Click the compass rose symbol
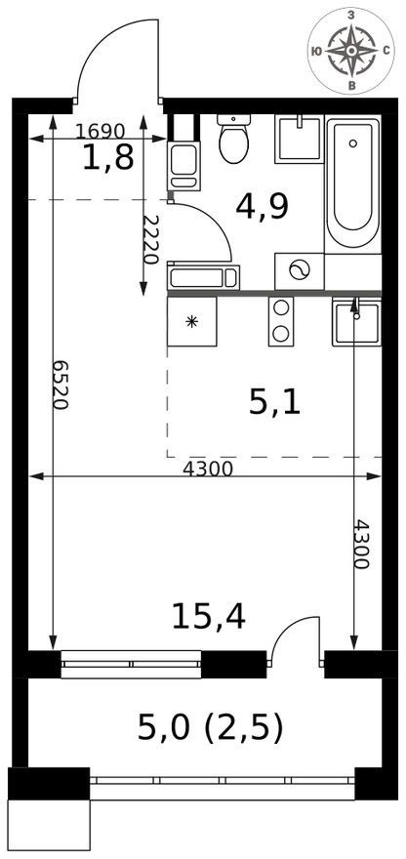[x=351, y=51]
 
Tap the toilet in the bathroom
[x=234, y=139]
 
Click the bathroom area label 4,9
[x=262, y=207]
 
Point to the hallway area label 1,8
[x=108, y=158]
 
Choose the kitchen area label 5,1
[x=274, y=404]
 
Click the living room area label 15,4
[x=208, y=616]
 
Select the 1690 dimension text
[x=101, y=131]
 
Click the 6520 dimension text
[x=61, y=386]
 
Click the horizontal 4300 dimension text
[x=208, y=469]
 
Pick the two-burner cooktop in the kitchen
[x=281, y=321]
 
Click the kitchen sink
[x=356, y=321]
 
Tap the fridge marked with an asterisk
[x=191, y=321]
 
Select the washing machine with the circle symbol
[x=300, y=271]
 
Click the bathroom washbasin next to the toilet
[x=300, y=140]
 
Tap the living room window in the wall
[x=131, y=664]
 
